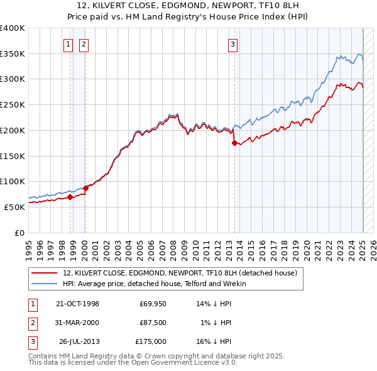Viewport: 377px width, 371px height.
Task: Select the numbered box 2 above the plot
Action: (84, 44)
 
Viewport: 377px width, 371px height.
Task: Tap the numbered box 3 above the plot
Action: (232, 44)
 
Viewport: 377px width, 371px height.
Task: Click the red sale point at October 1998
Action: (70, 197)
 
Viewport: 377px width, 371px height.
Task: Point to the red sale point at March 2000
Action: (85, 187)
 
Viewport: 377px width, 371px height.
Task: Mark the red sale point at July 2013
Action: (235, 143)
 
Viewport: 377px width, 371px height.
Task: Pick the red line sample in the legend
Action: (45, 273)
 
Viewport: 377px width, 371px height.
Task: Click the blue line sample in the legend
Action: (45, 284)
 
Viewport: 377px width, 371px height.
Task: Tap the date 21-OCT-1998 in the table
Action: (77, 304)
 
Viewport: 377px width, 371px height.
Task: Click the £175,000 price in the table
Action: (151, 341)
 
